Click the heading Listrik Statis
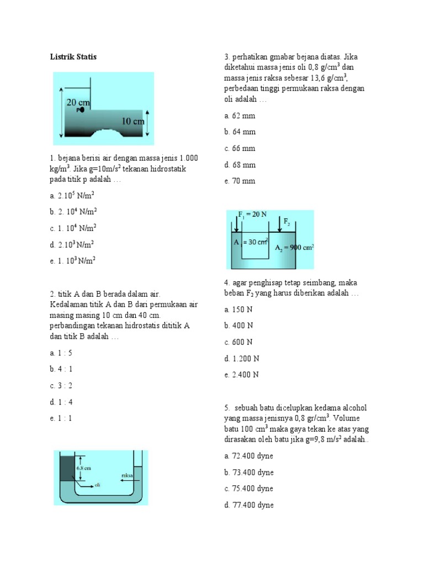tap(73, 56)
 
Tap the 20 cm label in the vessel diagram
tap(78, 102)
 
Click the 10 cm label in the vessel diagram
tap(132, 120)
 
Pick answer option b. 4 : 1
tap(61, 369)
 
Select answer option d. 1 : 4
tap(61, 401)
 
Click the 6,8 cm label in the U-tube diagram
tap(84, 467)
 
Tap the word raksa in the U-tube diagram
tap(126, 475)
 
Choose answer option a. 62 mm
tap(240, 116)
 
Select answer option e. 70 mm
tap(240, 181)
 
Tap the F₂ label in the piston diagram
tap(287, 222)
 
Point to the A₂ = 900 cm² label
tap(294, 248)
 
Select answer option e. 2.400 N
tap(241, 375)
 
